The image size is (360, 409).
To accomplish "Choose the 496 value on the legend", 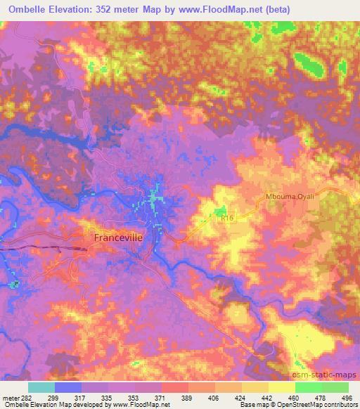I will [347, 397].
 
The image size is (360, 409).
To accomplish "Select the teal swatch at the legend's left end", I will [41, 387].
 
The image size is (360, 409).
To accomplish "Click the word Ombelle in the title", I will [22, 7].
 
